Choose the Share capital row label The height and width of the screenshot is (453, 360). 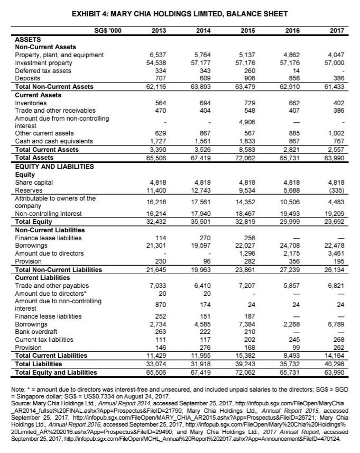tap(32, 182)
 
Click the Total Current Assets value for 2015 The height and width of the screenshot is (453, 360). tap(247, 149)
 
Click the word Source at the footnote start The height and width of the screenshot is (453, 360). tap(21, 402)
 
